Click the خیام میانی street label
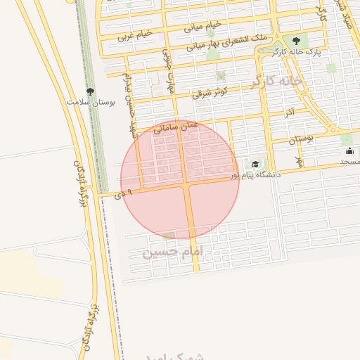[x=203, y=26]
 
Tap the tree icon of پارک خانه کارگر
[x=295, y=41]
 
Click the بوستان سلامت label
[x=91, y=103]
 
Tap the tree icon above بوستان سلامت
[x=90, y=91]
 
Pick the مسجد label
[x=349, y=162]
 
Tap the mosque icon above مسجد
[x=349, y=150]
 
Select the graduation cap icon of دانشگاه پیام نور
[x=255, y=164]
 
